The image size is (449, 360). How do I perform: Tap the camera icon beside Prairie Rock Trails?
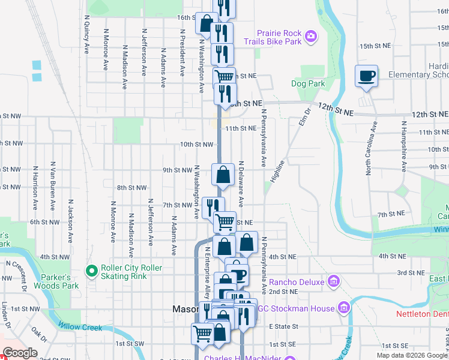pyautogui.click(x=310, y=37)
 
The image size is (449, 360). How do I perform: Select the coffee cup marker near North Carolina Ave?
pyautogui.click(x=366, y=76)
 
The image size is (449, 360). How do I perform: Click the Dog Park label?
pyautogui.click(x=308, y=84)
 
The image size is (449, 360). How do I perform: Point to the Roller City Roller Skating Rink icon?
pyautogui.click(x=92, y=272)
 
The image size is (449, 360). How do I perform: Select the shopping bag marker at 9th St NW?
pyautogui.click(x=223, y=175)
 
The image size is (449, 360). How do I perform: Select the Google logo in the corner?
pyautogui.click(x=20, y=353)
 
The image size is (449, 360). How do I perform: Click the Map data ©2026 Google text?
pyautogui.click(x=411, y=355)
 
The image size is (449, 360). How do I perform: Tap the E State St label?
pyautogui.click(x=283, y=326)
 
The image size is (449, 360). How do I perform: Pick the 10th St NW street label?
pyautogui.click(x=197, y=145)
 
